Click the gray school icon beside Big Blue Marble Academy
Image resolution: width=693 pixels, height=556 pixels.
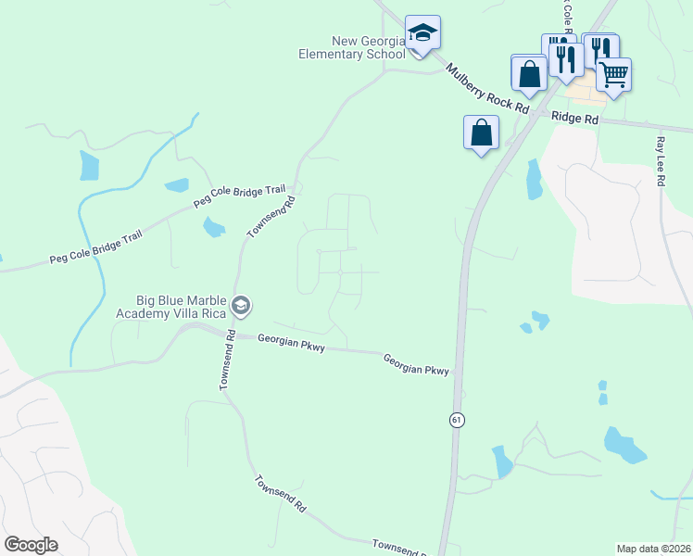tap(241, 306)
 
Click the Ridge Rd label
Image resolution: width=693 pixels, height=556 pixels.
tap(574, 119)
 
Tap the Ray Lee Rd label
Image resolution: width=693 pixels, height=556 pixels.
tap(661, 163)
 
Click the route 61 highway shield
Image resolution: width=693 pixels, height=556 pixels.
tap(457, 420)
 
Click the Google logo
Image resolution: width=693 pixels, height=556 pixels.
tap(31, 545)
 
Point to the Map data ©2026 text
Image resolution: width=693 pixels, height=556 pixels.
tap(653, 549)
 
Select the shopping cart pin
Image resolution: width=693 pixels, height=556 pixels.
tap(613, 75)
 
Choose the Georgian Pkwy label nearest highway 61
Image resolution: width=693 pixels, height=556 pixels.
tap(417, 364)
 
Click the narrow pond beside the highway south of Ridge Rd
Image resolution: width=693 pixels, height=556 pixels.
tap(534, 180)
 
